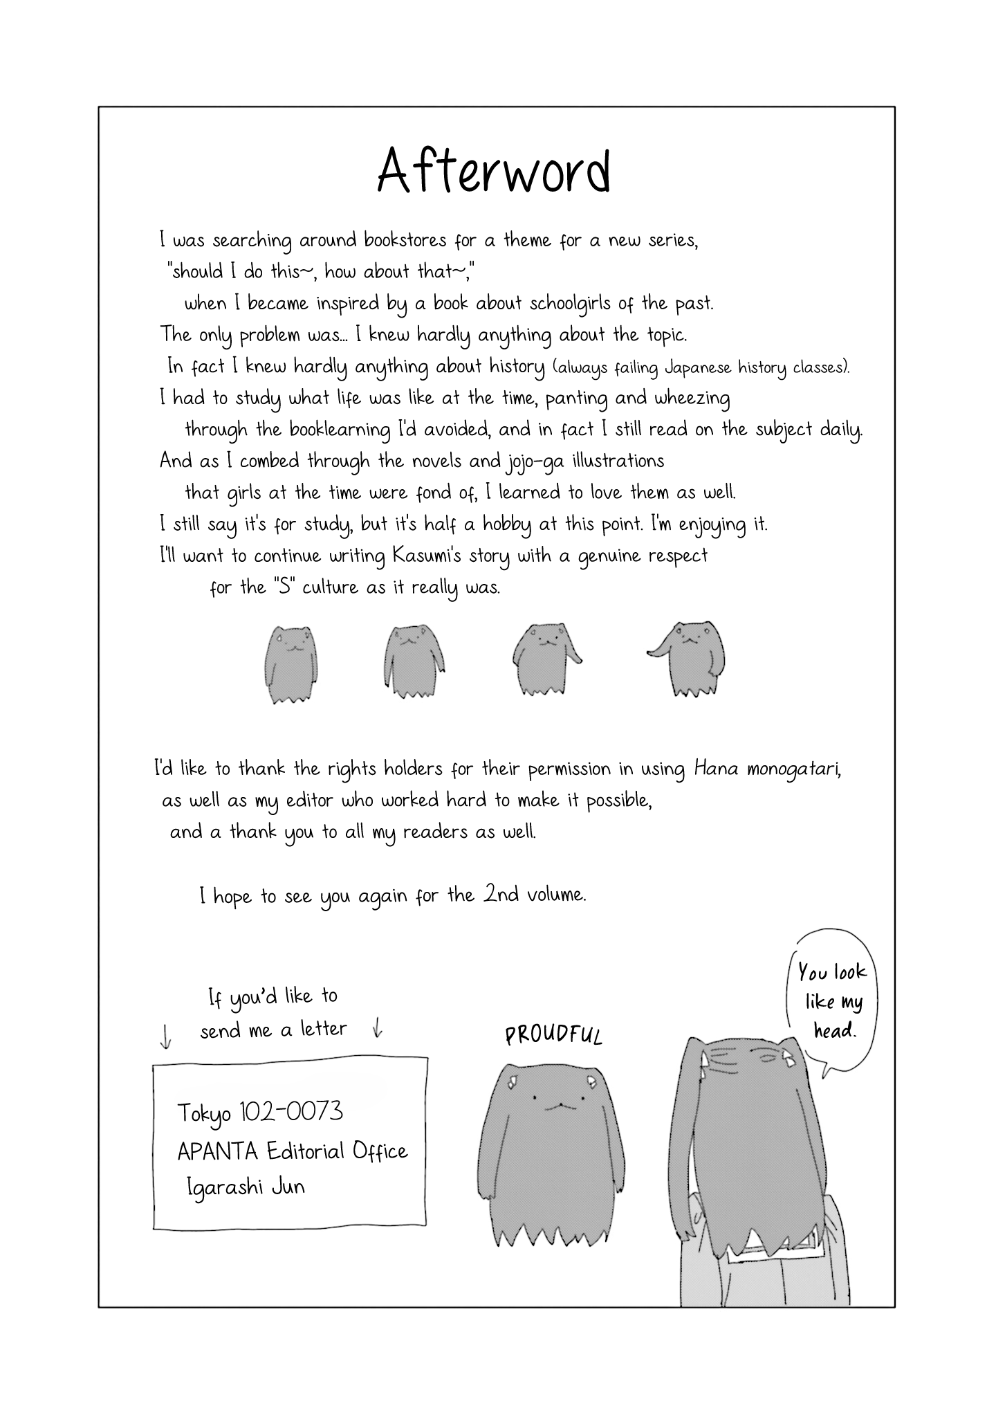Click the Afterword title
(494, 172)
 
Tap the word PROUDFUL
(553, 1035)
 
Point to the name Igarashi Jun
(246, 1187)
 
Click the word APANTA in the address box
(217, 1151)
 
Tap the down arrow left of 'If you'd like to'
(165, 1036)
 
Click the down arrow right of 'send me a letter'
(377, 1027)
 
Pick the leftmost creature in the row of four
(290, 664)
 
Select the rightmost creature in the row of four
(692, 657)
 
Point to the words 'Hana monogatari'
(767, 769)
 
